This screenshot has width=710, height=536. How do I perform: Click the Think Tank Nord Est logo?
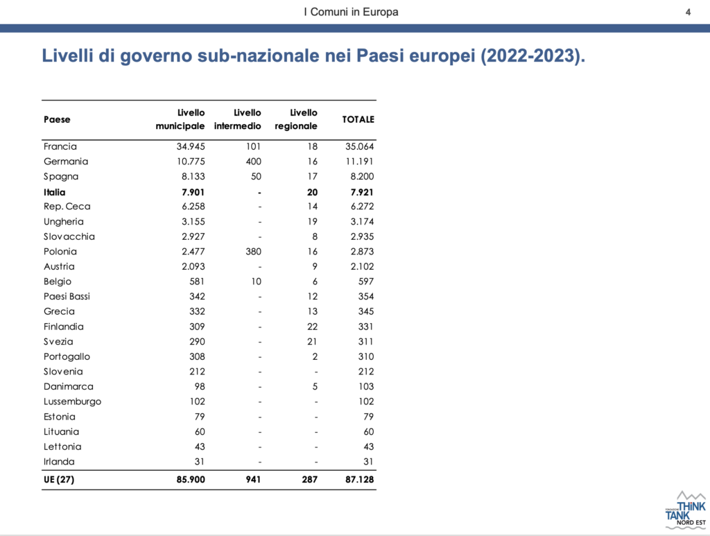coord(685,510)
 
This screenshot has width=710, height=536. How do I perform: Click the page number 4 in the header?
coord(688,12)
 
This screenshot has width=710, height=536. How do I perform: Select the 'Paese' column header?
coord(57,119)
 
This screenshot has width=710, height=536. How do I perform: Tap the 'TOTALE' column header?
coord(358,119)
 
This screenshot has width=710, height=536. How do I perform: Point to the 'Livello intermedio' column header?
coord(238,119)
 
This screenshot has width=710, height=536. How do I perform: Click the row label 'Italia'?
coord(54,192)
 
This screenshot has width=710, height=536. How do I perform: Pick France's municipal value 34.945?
coord(191,147)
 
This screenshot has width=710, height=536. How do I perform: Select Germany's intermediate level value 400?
coord(254,162)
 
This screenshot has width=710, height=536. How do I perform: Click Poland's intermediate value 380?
coord(254,252)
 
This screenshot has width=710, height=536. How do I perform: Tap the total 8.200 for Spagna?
coord(362,177)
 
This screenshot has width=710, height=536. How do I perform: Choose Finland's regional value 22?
coord(313,327)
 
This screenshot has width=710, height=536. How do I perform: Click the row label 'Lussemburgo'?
coord(72,401)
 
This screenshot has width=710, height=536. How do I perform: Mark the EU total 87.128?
coord(360,479)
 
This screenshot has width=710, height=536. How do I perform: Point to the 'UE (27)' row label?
coord(59,479)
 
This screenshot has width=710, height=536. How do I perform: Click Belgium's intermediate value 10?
coord(257,282)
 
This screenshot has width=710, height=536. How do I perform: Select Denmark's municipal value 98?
coord(200,387)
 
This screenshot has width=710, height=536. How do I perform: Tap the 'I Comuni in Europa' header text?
coord(352,12)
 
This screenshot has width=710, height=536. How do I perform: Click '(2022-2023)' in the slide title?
coord(532,56)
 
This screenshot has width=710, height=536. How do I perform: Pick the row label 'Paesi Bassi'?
coord(67,297)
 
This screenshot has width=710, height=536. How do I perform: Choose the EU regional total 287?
coord(310,479)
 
